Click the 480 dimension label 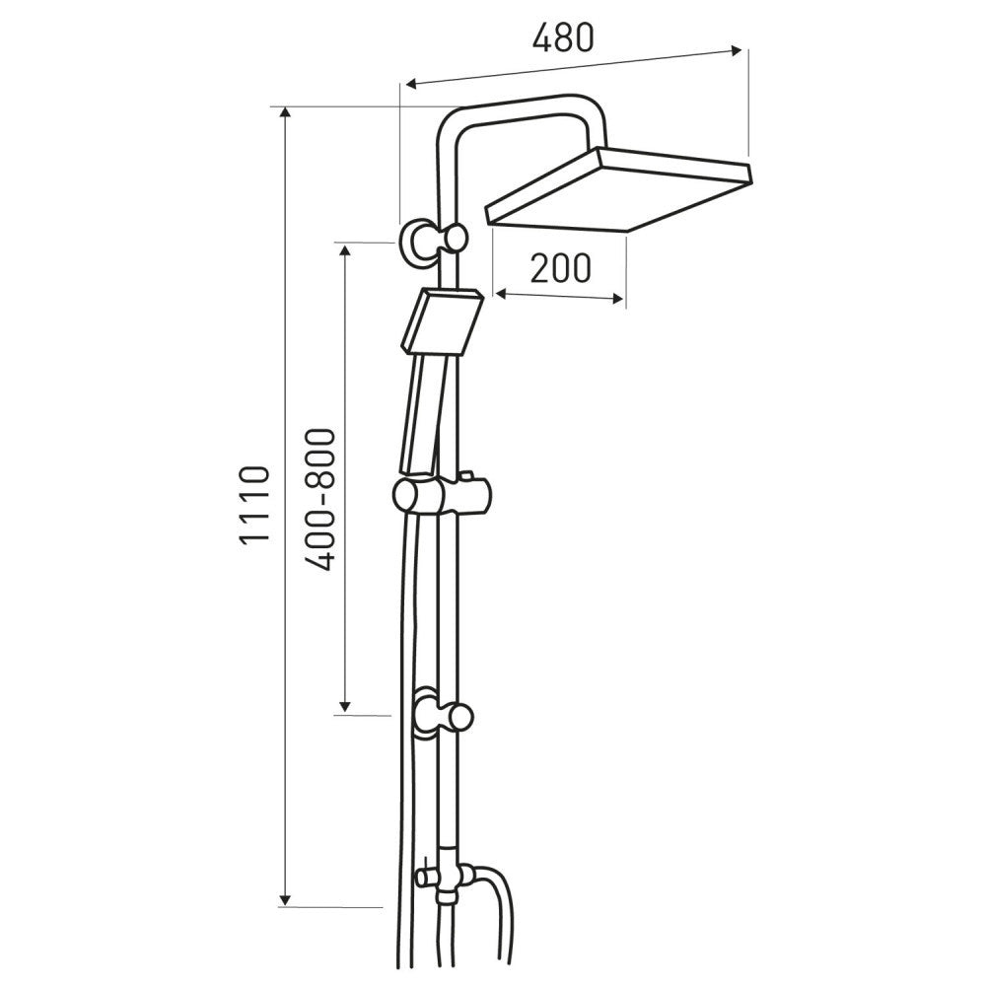(x=563, y=38)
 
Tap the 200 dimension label (x=561, y=268)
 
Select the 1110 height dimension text (x=256, y=514)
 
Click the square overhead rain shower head (x=619, y=190)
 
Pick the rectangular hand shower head (x=442, y=322)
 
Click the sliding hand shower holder (x=444, y=494)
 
